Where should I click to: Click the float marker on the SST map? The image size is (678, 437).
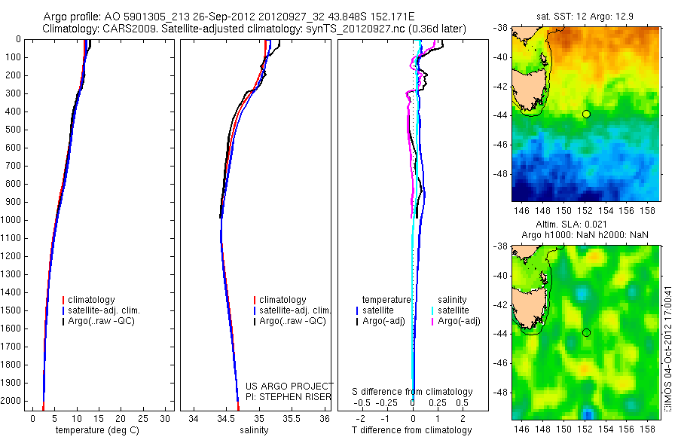point(586,114)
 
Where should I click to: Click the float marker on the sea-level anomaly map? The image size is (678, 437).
point(586,332)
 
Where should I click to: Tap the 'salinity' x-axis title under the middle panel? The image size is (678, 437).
point(253,430)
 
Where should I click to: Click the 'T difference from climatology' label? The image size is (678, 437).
point(412,430)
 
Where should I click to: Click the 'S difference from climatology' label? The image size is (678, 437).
point(412,392)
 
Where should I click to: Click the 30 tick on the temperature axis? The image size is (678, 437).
point(166,418)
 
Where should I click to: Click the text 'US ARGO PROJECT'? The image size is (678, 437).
point(289,386)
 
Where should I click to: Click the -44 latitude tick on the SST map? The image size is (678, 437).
point(501,114)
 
